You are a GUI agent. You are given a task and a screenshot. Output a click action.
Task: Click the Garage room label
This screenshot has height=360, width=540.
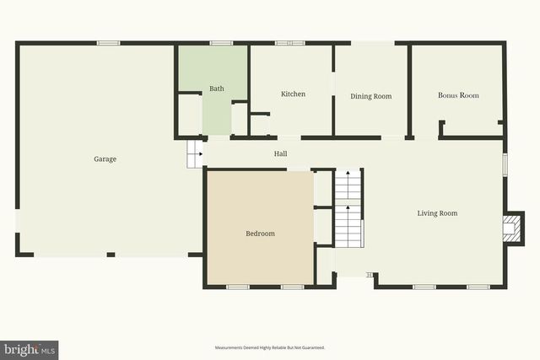[x=105, y=159]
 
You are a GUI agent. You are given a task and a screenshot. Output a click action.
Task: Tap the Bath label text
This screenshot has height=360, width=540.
[x=217, y=89]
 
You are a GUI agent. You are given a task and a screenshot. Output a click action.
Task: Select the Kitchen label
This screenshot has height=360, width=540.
[x=293, y=94]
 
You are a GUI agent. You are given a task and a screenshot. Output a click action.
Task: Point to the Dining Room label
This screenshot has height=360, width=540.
[x=371, y=96]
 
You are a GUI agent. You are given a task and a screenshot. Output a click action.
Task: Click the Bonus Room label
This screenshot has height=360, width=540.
[x=458, y=95]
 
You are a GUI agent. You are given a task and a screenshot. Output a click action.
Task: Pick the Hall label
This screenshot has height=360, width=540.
[x=280, y=153]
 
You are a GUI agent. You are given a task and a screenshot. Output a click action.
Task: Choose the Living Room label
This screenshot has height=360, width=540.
[x=437, y=213]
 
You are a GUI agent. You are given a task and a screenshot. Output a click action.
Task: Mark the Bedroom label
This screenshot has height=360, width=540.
[x=260, y=234]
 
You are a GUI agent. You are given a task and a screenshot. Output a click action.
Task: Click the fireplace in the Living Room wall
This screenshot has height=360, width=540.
[x=510, y=228]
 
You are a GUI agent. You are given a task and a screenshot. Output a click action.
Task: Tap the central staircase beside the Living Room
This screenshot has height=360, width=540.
[x=348, y=208]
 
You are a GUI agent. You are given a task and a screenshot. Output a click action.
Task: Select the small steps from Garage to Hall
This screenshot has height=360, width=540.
[x=195, y=153]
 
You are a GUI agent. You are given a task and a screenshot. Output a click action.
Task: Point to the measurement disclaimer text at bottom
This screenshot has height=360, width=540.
[x=270, y=347]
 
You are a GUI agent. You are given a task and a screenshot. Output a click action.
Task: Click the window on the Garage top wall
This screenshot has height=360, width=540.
[x=108, y=43]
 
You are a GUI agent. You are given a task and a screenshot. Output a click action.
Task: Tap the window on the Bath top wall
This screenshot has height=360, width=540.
[x=221, y=43]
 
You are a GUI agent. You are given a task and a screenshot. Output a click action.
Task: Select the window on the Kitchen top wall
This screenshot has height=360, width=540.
[x=289, y=43]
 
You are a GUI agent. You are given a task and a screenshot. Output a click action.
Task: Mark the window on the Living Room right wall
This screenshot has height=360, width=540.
[x=505, y=164]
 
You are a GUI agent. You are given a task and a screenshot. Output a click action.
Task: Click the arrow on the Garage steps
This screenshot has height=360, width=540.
[x=199, y=154]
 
